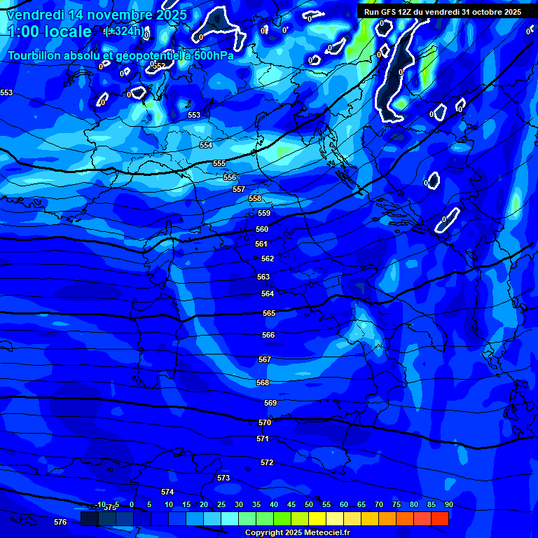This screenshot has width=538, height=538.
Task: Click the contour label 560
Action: coord(262,229)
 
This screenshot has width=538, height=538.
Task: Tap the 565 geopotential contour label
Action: coord(269,313)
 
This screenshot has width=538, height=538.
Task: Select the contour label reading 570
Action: coord(264,422)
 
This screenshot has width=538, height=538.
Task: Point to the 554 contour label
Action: coord(206,145)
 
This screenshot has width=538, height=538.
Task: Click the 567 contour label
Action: coord(264,359)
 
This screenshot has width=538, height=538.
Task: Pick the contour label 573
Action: coord(223,478)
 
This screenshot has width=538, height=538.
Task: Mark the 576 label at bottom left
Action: coord(60,522)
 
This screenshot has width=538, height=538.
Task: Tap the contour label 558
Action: coord(255,198)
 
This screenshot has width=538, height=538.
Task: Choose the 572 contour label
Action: coord(267,462)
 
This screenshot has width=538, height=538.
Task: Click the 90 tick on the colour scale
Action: coord(448,504)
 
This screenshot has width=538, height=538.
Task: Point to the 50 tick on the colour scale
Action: coord(308,504)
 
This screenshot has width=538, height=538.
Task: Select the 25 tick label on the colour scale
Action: coord(221,504)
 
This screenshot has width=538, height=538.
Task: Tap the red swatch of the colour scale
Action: coord(440,518)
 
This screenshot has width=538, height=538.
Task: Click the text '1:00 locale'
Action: coord(49,32)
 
